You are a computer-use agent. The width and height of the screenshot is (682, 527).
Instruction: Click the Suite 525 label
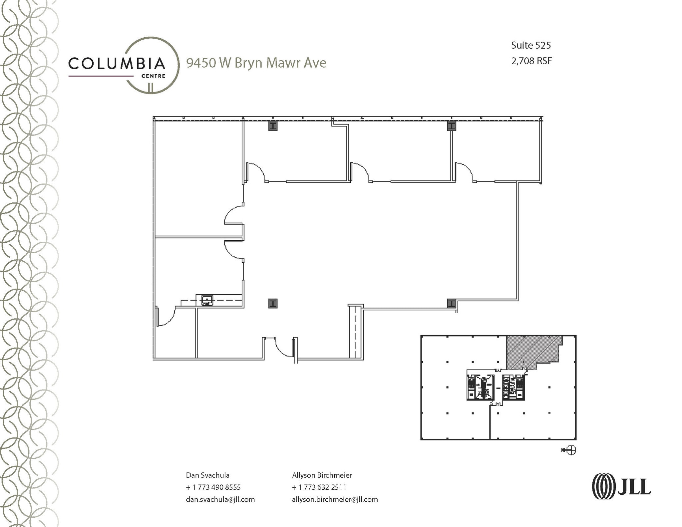531,45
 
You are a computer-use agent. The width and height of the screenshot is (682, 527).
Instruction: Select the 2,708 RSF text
531,61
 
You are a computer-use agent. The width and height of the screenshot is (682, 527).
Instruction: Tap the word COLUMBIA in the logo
117,63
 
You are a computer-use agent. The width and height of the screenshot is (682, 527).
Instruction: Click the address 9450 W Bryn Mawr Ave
256,63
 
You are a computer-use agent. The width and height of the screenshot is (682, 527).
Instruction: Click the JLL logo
621,486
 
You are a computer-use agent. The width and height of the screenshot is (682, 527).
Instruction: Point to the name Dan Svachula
207,475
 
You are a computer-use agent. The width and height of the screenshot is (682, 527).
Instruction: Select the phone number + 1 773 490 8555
213,487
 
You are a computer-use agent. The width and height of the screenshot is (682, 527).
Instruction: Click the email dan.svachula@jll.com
220,499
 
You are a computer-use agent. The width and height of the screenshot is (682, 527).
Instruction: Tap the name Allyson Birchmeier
322,475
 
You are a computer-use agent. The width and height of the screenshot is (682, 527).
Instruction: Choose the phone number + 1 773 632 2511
319,487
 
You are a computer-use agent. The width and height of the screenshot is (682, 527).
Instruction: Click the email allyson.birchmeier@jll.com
335,499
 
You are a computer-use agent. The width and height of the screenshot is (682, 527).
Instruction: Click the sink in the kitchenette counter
207,301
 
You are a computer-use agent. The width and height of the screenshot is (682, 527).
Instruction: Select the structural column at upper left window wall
273,126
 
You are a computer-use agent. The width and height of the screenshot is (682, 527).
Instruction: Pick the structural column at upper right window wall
451,126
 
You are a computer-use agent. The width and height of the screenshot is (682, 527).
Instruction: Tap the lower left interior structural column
273,303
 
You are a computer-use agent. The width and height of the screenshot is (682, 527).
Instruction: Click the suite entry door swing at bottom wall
283,348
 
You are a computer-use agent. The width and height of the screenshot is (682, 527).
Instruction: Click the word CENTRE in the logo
153,76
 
